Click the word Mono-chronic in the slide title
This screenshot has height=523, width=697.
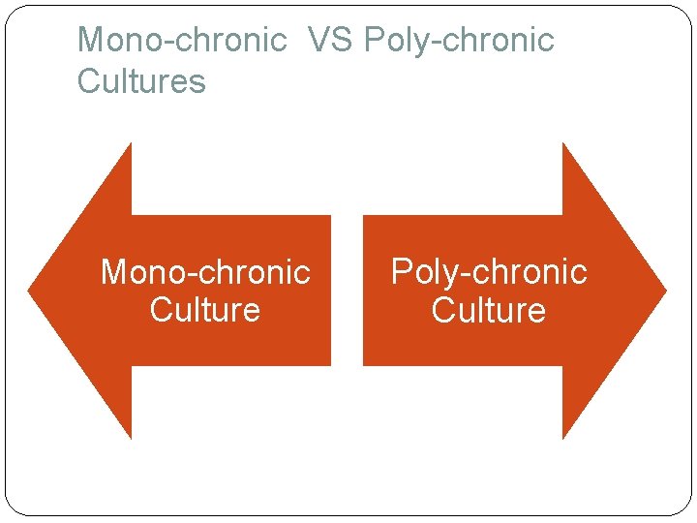click(182, 41)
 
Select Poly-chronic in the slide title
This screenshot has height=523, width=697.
click(459, 41)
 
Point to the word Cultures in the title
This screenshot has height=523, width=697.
click(141, 82)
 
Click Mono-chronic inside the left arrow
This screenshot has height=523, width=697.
click(205, 272)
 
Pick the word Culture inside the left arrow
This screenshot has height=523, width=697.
click(205, 311)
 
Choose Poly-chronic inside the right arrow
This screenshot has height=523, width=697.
click(489, 272)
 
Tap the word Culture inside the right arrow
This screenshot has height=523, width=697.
click(489, 311)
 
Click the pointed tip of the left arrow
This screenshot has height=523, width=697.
click(30, 290)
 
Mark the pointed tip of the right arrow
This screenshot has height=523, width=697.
click(664, 290)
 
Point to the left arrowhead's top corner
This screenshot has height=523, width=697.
click(130, 145)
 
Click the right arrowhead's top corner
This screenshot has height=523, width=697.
click(563, 145)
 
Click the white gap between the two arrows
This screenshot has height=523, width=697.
click(347, 291)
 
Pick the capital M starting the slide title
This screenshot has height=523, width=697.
click(90, 41)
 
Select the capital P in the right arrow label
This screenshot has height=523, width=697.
click(400, 272)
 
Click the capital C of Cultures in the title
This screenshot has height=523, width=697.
click(88, 82)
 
